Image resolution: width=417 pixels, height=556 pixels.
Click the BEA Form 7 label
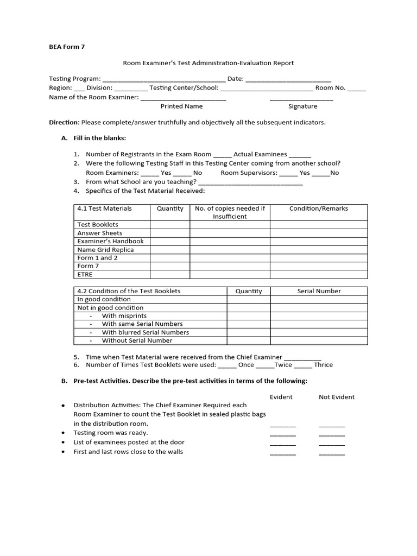67,47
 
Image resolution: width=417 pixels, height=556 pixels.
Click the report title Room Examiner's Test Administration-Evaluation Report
208,63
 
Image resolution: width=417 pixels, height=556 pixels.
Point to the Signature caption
302,106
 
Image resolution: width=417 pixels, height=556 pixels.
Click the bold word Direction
64,122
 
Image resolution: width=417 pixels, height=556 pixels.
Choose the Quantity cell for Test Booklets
170,225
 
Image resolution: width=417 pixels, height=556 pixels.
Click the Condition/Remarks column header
319,208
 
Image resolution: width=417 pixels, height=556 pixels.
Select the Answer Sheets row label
100,233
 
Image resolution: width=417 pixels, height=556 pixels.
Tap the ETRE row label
85,274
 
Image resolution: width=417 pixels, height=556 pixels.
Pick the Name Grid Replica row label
105,250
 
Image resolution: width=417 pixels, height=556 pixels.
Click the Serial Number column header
319,291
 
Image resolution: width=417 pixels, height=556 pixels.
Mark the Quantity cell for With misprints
249,316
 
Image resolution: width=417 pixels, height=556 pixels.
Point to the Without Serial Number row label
137,340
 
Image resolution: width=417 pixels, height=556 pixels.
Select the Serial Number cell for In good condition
319,299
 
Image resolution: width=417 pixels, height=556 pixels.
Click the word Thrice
324,365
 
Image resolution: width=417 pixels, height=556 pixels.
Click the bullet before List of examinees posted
64,443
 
